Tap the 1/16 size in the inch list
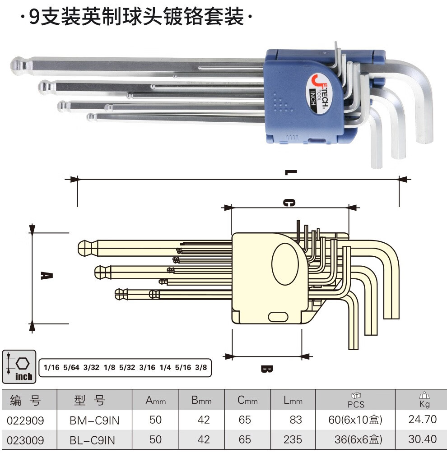(51, 367)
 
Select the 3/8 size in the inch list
(201, 367)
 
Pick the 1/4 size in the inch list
(165, 367)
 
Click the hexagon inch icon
(19, 367)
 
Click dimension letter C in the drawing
(289, 203)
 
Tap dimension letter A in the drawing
(47, 276)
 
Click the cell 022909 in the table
(25, 420)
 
